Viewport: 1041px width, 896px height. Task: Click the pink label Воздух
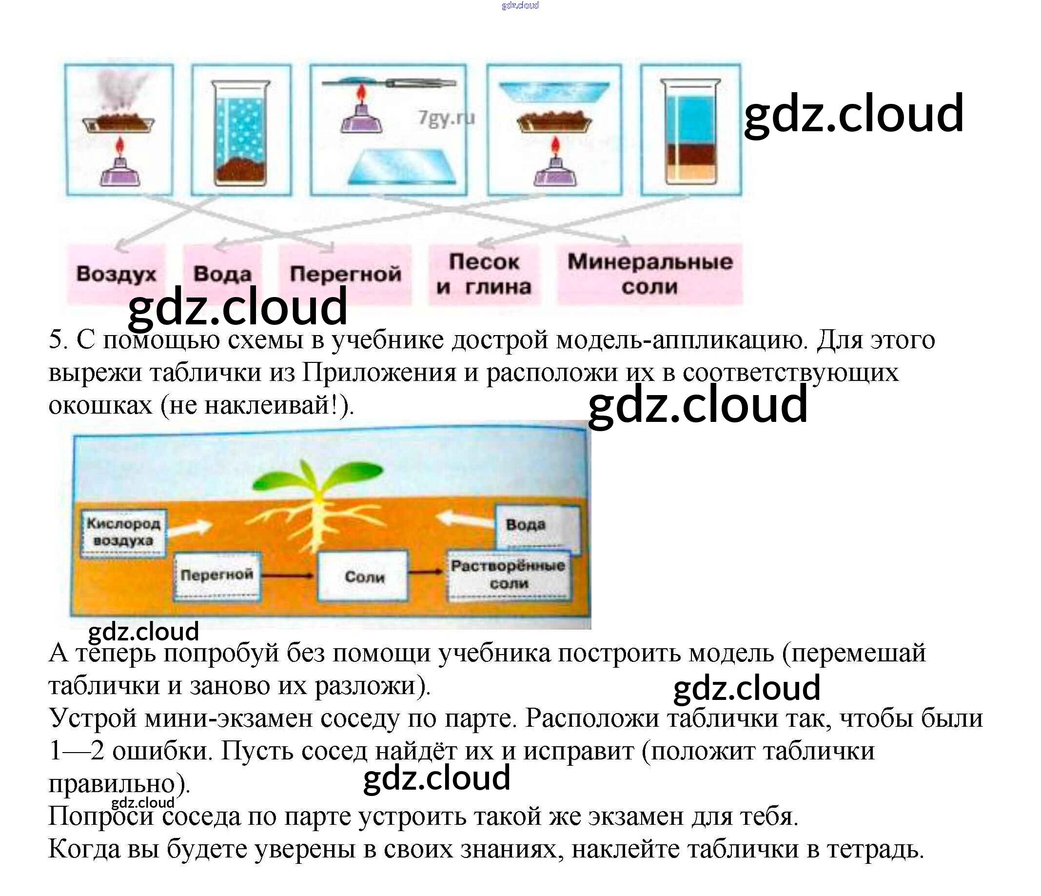point(116,274)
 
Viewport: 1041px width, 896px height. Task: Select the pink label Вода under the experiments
point(222,274)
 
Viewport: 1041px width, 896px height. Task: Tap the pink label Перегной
point(345,274)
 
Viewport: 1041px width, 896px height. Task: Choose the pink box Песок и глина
point(484,274)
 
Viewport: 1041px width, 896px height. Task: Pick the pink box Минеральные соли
point(649,274)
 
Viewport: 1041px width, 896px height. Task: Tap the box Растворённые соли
point(508,575)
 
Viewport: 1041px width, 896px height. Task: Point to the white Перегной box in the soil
point(217,575)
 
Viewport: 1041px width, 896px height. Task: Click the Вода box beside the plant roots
point(537,526)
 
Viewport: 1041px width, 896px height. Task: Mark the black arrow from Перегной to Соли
point(289,576)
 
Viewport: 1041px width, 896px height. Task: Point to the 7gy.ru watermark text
point(446,118)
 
